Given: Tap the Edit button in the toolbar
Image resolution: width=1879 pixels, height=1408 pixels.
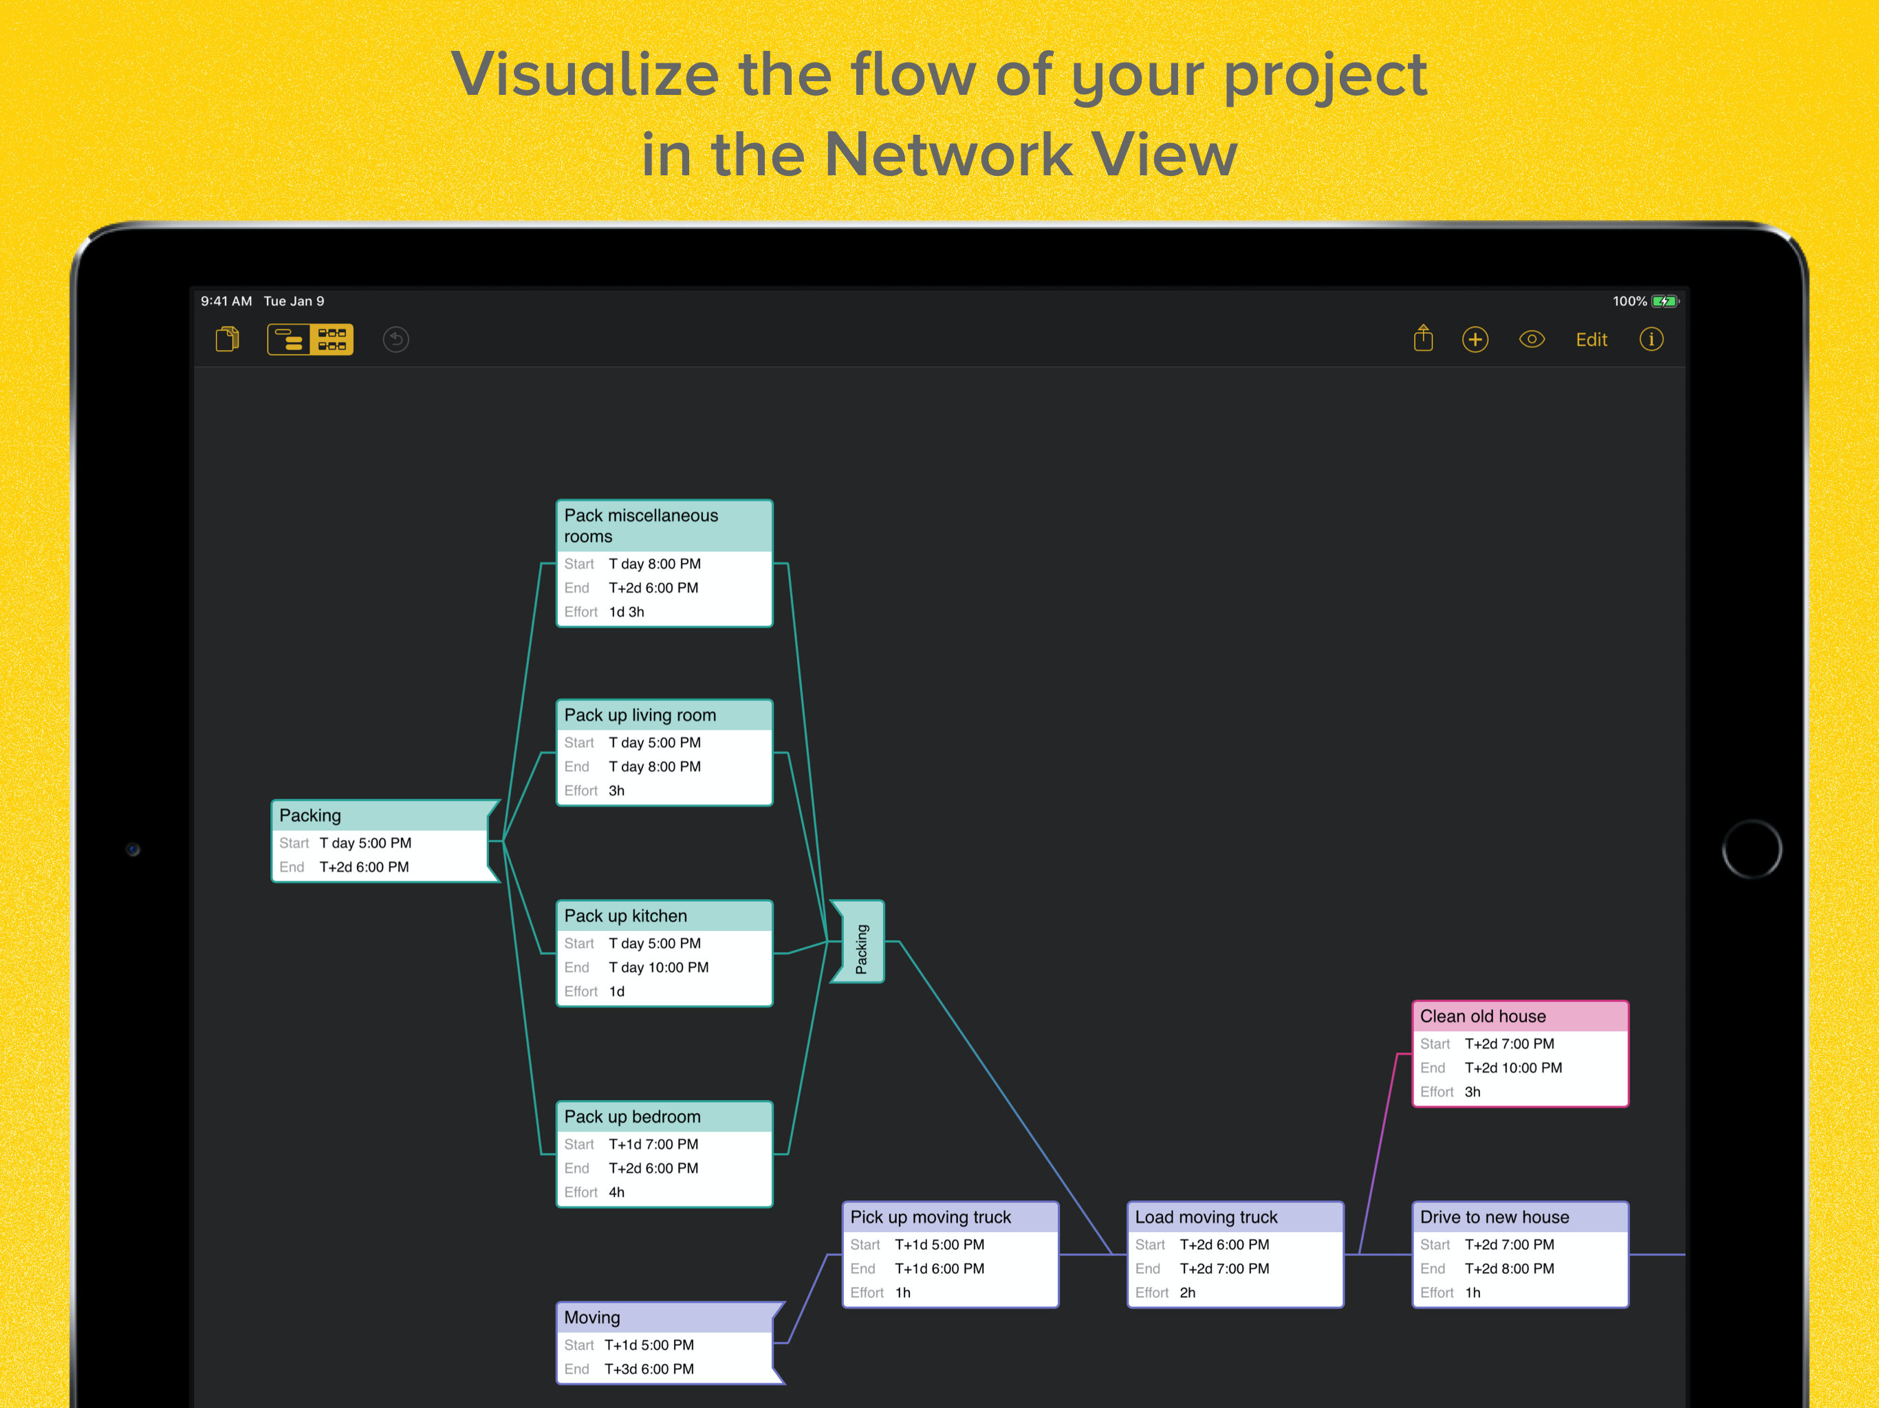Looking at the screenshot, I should (1591, 340).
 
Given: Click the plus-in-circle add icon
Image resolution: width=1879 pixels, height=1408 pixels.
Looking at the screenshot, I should (1475, 340).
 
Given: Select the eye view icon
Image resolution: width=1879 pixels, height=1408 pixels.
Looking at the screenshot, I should (1532, 340).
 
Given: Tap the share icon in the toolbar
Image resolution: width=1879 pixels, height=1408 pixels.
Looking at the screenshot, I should (1423, 339).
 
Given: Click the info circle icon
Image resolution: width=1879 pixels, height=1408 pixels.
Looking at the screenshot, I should (1651, 340).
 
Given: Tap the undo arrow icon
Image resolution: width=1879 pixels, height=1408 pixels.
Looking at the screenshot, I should (396, 340).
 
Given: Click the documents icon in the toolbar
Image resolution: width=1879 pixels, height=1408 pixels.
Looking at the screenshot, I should (227, 340).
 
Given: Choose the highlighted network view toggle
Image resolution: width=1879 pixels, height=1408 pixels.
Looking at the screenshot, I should (332, 340).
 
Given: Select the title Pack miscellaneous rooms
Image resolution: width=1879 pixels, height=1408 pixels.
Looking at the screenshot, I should (640, 526).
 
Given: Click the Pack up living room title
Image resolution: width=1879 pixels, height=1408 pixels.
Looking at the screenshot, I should (640, 715).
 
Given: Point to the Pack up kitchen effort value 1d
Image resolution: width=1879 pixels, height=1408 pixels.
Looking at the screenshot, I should (617, 991).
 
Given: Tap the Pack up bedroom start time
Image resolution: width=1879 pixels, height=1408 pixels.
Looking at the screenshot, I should (653, 1144).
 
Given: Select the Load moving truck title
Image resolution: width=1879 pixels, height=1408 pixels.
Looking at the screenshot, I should (1206, 1217).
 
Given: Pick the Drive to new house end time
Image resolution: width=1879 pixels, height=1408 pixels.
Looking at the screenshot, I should (1509, 1268).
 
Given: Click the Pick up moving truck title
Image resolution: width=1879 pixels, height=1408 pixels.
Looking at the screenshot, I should (930, 1217).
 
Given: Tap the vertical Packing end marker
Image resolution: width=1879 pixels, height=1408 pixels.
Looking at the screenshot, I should (860, 942).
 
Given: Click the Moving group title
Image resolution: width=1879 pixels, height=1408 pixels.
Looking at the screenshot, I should (592, 1317).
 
